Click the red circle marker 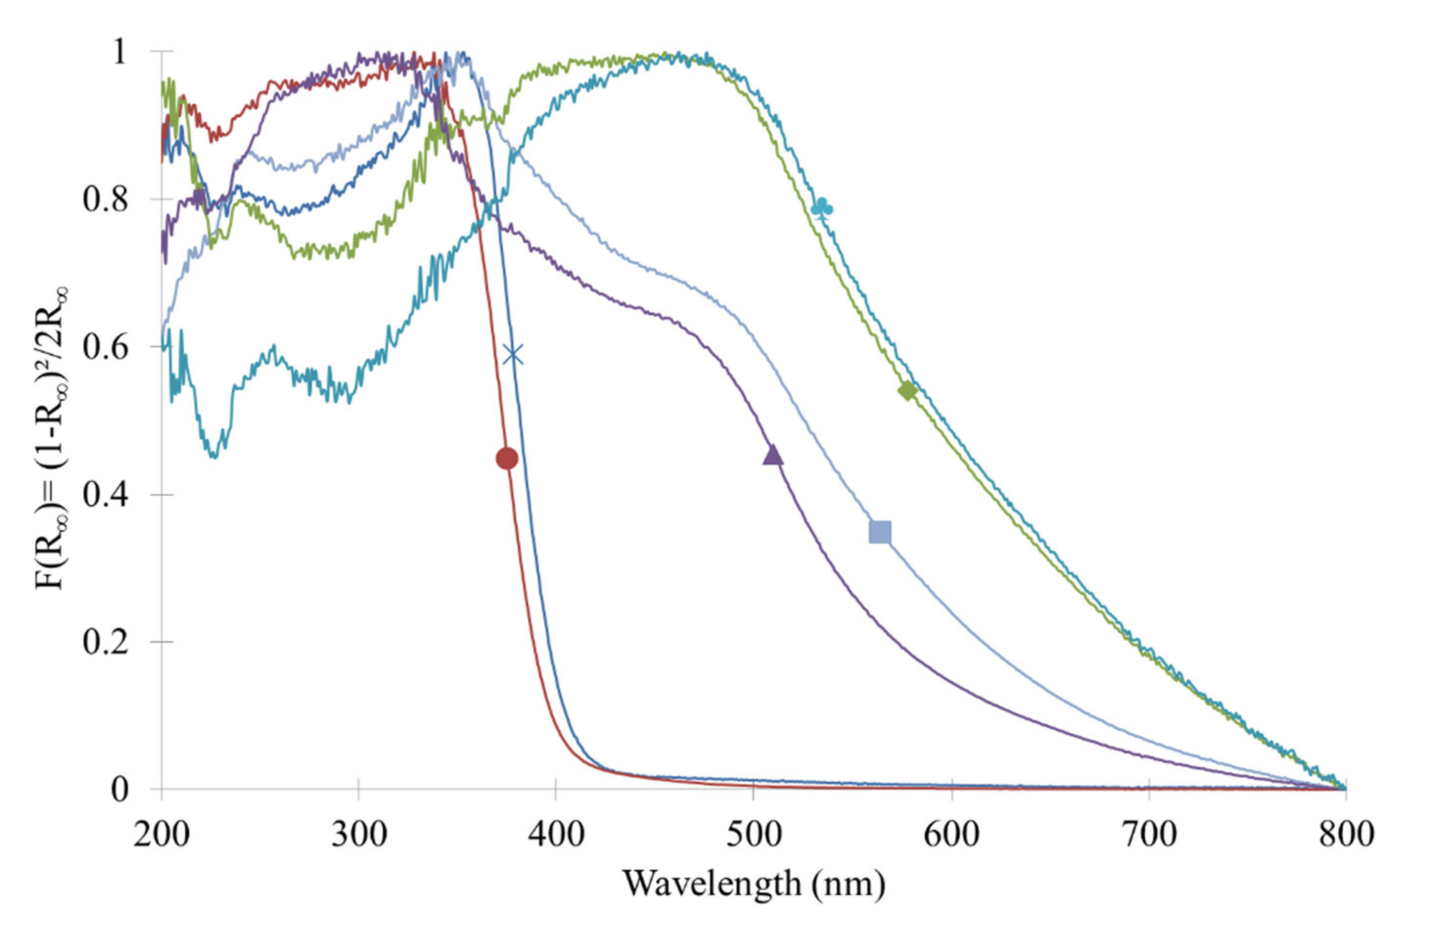507,459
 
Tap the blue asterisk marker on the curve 512,354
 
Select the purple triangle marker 773,455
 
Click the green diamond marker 907,391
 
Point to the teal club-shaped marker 823,208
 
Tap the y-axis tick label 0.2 106,642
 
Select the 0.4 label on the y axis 106,495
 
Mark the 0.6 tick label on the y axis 106,348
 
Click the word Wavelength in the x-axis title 712,883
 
